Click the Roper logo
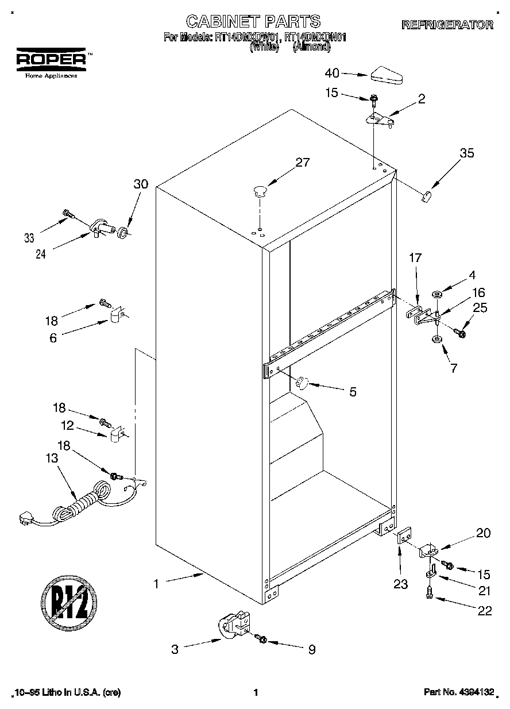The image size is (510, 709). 51,59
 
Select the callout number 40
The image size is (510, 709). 333,73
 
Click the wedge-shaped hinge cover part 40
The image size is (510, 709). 387,75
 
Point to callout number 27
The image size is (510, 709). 302,163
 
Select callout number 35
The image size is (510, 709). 466,153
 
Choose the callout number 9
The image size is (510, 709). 312,650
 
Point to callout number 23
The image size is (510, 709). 400,585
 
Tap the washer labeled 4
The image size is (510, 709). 436,295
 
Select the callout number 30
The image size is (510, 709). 141,184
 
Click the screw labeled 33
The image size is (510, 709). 68,214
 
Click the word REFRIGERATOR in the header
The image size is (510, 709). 447,25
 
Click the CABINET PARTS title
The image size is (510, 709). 253,21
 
